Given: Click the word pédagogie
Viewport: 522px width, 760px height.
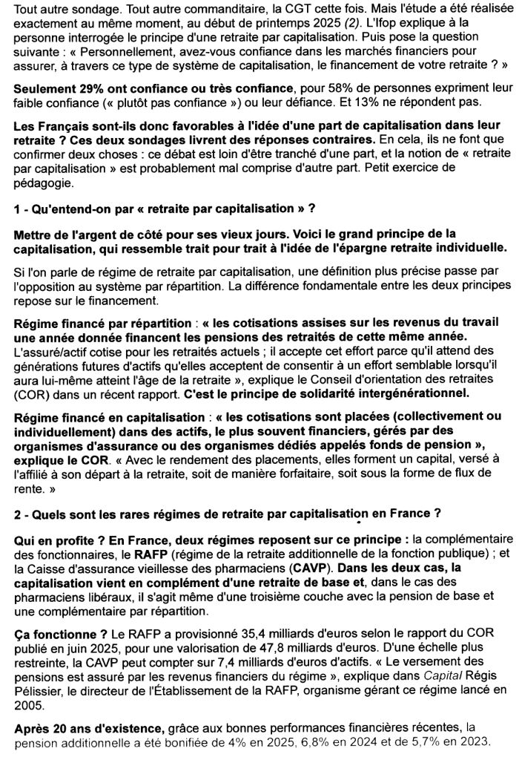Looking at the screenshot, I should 44,183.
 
